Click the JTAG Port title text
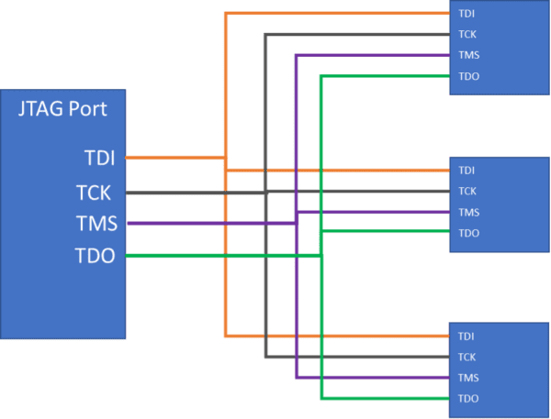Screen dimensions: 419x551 63,110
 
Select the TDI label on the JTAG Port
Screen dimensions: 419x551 99,159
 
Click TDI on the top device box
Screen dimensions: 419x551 467,14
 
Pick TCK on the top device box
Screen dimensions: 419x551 467,35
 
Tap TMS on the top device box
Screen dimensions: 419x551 468,55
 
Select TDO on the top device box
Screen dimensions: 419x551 468,76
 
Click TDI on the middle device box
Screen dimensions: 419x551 467,171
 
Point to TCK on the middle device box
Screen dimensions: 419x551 467,191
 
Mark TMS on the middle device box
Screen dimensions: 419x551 468,212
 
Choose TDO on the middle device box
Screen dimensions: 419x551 468,233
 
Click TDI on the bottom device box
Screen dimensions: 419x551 467,336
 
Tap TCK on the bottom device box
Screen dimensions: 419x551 467,357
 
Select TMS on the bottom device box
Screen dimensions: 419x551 468,378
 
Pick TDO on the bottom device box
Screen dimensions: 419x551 468,399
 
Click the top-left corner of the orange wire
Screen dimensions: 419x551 226,14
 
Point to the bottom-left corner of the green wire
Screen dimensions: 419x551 320,399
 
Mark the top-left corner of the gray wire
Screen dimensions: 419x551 265,35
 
